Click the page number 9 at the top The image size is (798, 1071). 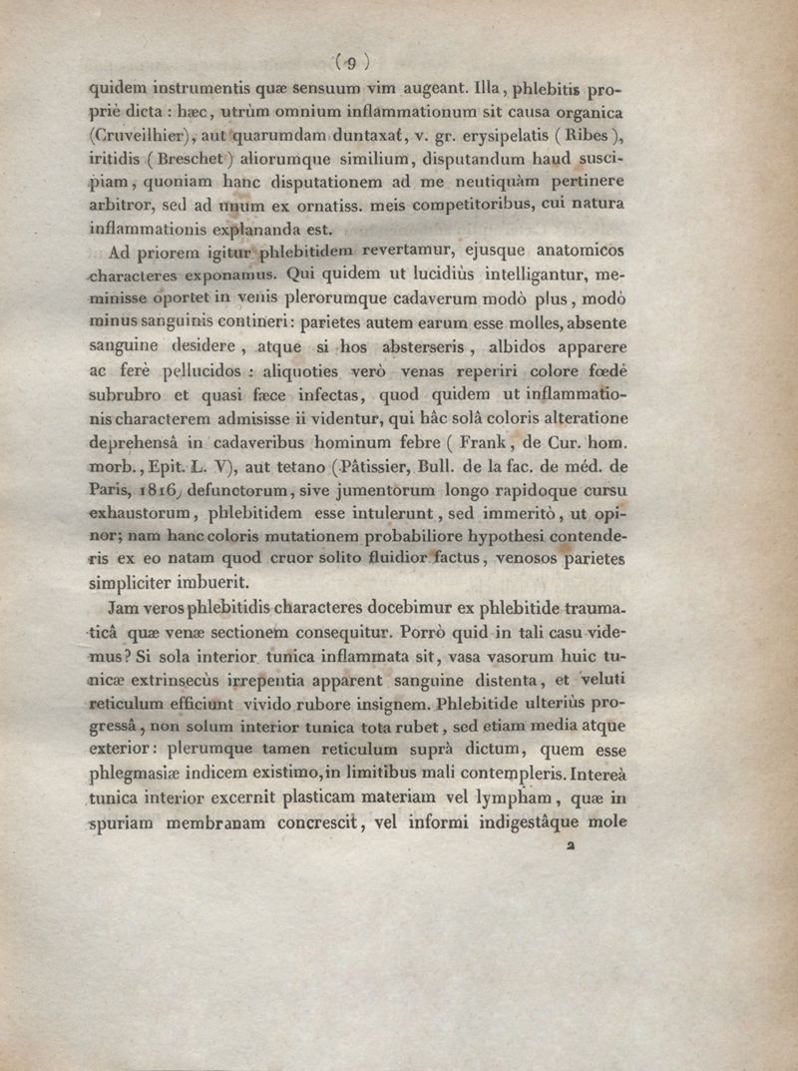pos(348,62)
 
